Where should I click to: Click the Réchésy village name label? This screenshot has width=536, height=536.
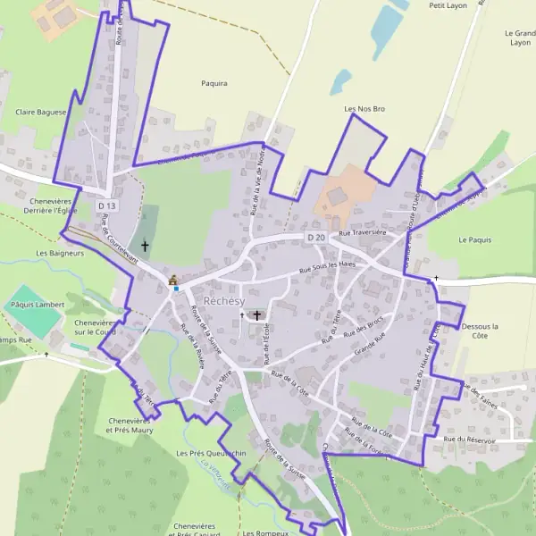pos(223,300)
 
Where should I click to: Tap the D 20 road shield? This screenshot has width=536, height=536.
pos(315,238)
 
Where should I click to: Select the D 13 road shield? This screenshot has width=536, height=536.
pos(106,206)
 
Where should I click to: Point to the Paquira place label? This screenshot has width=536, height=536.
pos(214,83)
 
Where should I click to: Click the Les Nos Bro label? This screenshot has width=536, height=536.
pos(364,108)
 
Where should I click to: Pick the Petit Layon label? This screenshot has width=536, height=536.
pos(449,5)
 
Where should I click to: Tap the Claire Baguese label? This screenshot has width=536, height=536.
pos(41,113)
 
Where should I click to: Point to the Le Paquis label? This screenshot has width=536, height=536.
pos(475,240)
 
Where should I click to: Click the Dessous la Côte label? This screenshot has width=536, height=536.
pos(480,331)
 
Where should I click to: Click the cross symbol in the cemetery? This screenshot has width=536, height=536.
pos(146,244)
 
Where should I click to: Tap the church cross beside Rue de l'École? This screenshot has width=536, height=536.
pos(257,315)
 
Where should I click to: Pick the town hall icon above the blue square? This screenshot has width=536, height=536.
pos(173,280)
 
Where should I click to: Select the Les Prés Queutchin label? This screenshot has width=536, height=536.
pos(211,454)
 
